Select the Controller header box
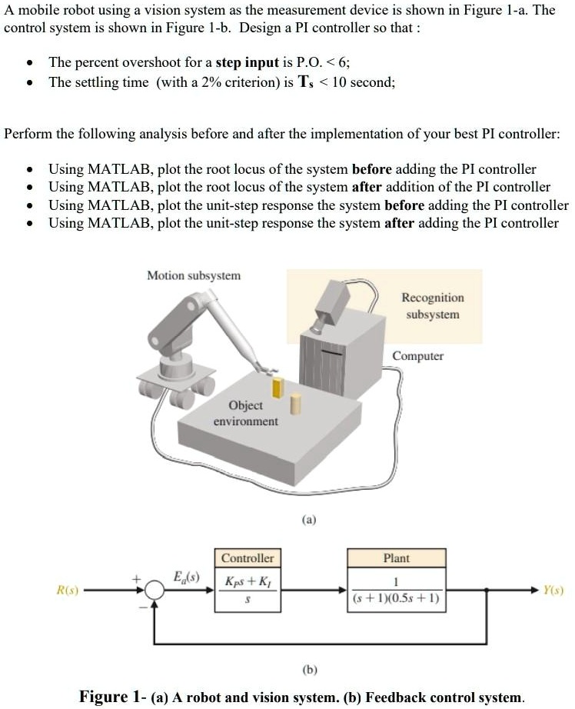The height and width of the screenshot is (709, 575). [248, 558]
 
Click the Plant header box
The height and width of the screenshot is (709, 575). [397, 558]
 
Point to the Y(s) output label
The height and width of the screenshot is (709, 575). [552, 591]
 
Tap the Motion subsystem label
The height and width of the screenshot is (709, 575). [194, 275]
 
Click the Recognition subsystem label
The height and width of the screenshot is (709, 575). [432, 306]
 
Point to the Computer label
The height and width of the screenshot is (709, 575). [417, 356]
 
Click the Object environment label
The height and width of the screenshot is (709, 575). [245, 413]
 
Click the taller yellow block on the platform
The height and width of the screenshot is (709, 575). [279, 388]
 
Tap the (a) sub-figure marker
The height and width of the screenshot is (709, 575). [307, 521]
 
